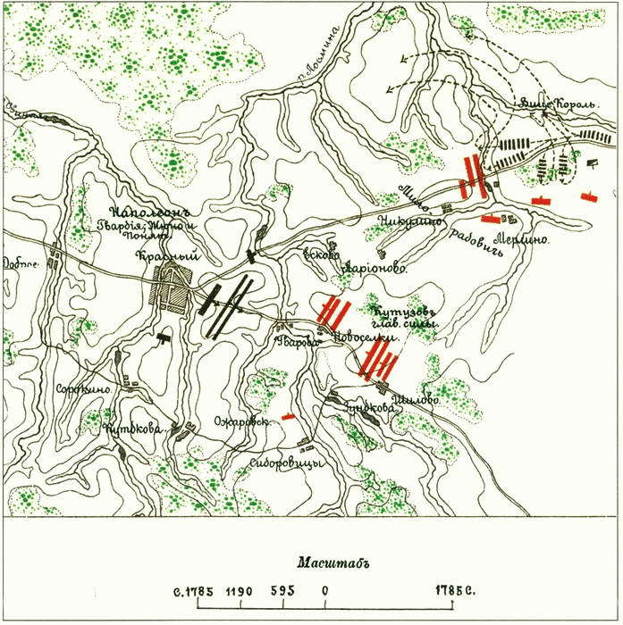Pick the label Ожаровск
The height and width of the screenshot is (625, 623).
241,423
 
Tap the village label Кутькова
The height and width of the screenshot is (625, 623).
131,429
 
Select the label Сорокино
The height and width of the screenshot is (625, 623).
83,389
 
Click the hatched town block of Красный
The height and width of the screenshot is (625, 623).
170,287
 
